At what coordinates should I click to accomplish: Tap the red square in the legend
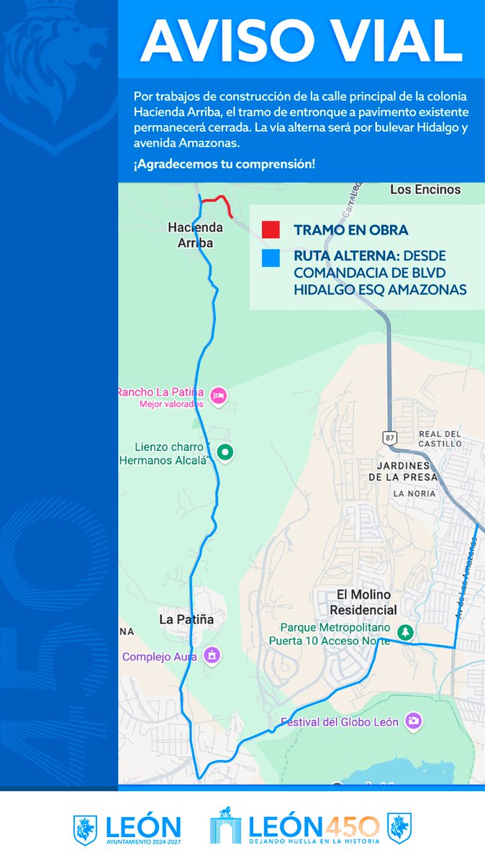[x=271, y=229]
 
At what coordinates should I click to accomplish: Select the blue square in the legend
[x=271, y=258]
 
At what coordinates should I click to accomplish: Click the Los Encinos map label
[x=425, y=190]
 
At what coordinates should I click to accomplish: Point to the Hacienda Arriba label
[x=195, y=235]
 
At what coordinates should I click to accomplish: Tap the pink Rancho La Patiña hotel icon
[x=219, y=395]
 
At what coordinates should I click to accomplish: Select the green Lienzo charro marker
[x=226, y=452]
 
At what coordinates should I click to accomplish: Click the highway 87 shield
[x=389, y=437]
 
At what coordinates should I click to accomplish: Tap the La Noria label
[x=414, y=494]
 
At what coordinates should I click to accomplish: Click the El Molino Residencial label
[x=363, y=602]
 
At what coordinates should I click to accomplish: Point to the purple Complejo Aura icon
[x=212, y=656]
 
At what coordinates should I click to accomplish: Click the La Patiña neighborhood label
[x=186, y=619]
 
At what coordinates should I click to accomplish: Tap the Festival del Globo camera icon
[x=413, y=721]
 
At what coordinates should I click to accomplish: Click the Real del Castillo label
[x=440, y=439]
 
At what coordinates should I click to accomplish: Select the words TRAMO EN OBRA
[x=350, y=230]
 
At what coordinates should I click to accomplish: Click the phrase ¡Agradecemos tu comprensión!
[x=224, y=164]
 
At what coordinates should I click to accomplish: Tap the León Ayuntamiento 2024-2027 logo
[x=127, y=829]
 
